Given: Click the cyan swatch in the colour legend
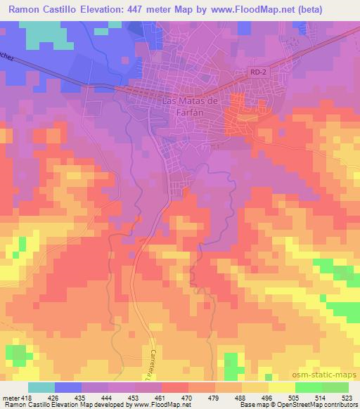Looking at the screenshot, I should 41,387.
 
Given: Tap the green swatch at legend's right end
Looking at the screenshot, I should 335,387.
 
